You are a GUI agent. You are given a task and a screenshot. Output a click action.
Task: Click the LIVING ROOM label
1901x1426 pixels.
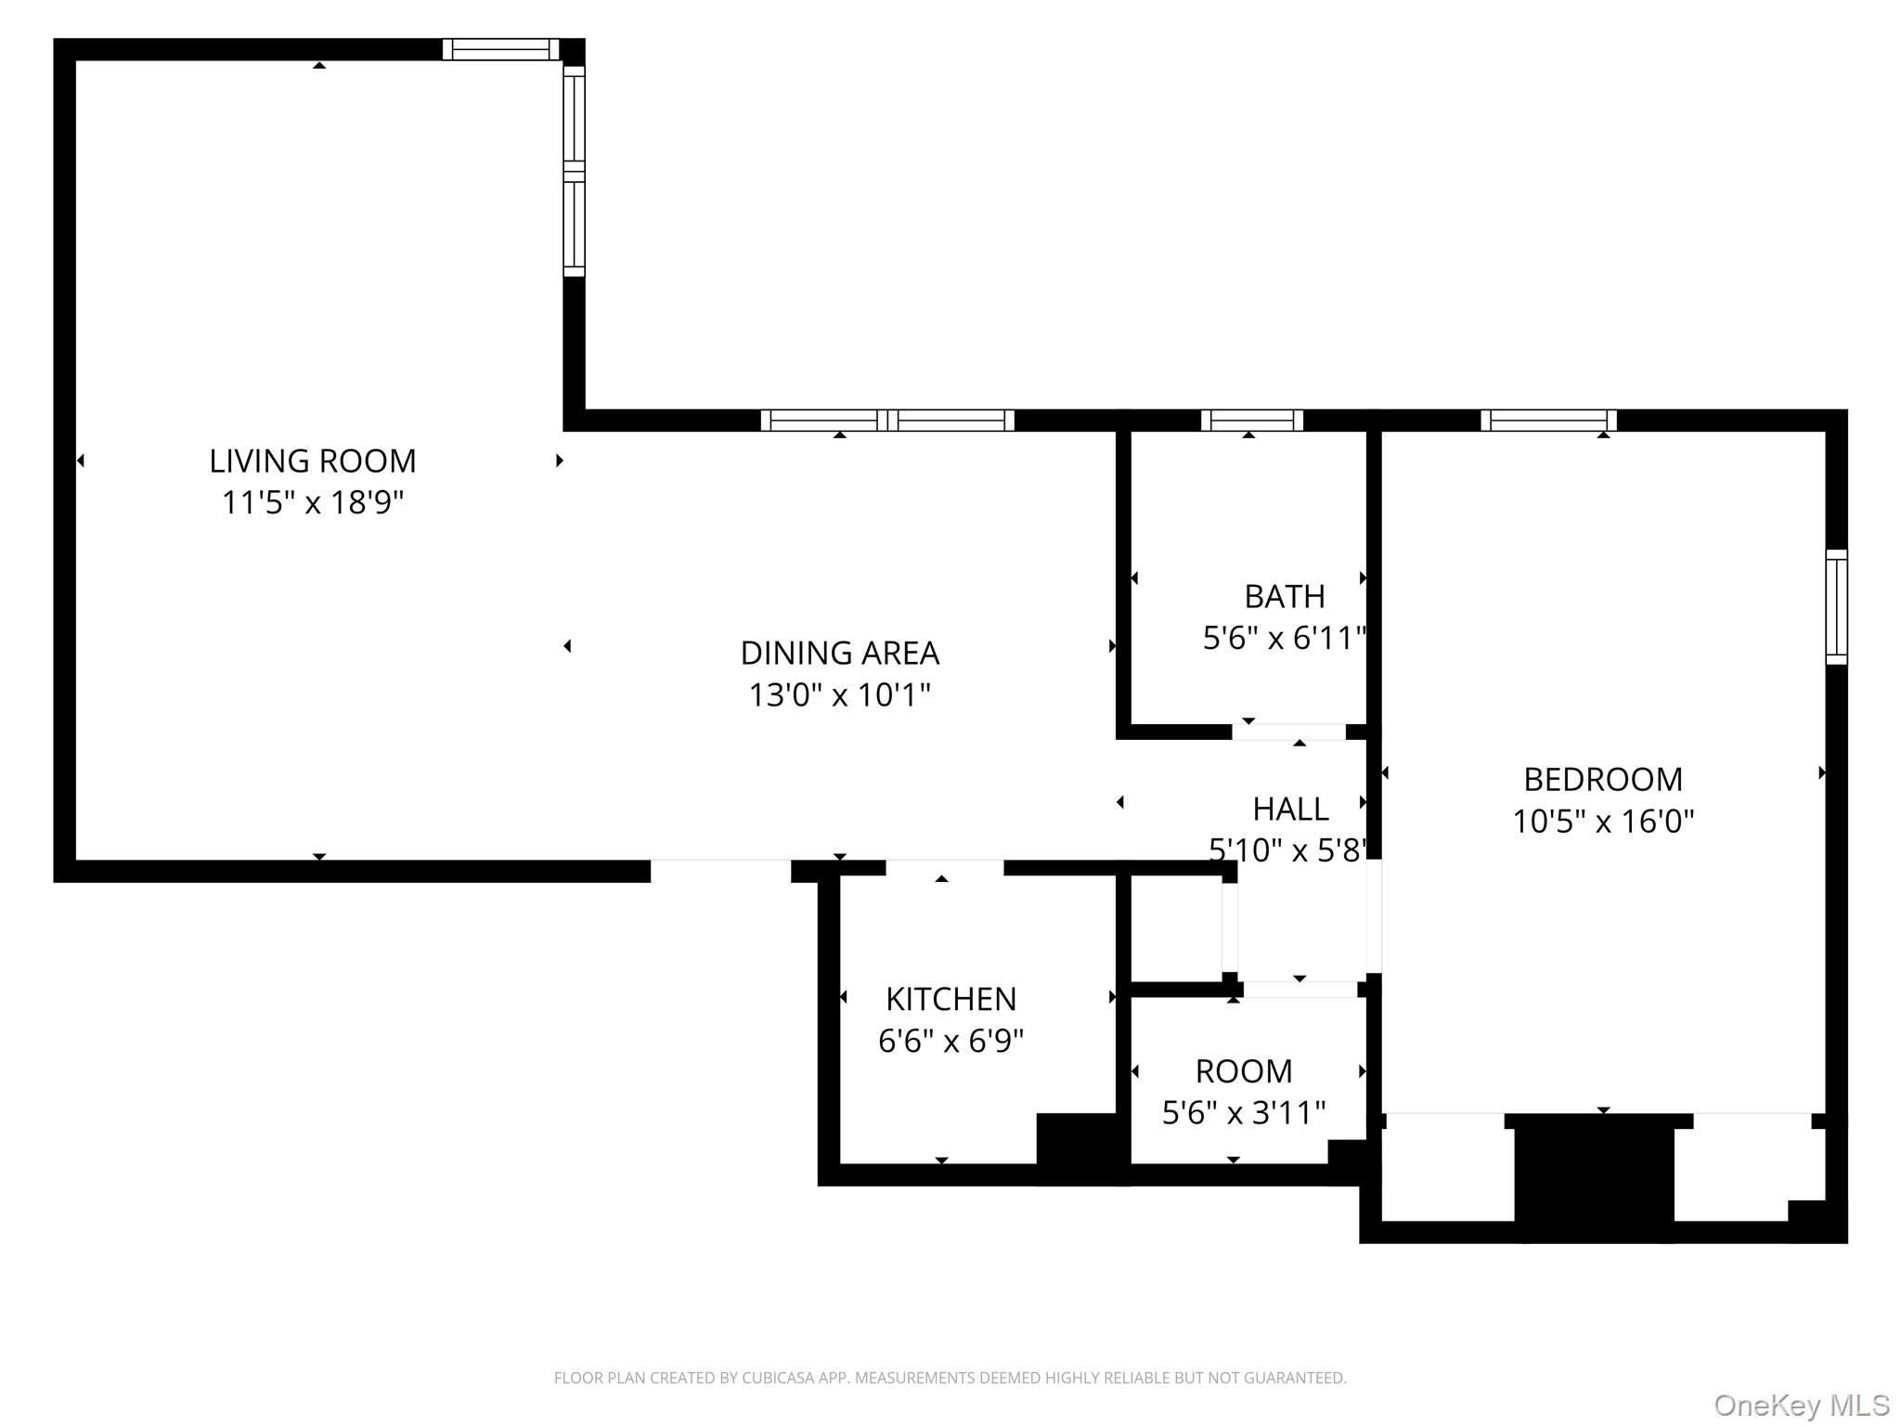pyautogui.click(x=313, y=460)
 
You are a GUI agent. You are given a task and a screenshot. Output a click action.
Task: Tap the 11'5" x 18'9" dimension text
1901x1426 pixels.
pyautogui.click(x=313, y=502)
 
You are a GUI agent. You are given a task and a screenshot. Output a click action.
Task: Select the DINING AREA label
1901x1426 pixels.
pyautogui.click(x=840, y=653)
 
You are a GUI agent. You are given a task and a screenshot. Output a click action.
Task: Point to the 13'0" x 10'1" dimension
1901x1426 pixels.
pyautogui.click(x=840, y=694)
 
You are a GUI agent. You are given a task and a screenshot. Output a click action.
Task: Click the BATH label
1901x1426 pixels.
pyautogui.click(x=1285, y=596)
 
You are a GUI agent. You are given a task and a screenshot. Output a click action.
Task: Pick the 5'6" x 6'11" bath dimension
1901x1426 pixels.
pyautogui.click(x=1285, y=638)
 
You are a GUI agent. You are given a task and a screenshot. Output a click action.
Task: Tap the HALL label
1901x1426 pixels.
pyautogui.click(x=1290, y=809)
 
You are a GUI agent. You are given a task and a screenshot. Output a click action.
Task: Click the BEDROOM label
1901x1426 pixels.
pyautogui.click(x=1603, y=779)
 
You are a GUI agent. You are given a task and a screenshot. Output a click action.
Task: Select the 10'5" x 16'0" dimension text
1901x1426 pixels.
pyautogui.click(x=1603, y=821)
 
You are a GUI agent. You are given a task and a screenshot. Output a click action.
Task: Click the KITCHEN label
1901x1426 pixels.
pyautogui.click(x=951, y=999)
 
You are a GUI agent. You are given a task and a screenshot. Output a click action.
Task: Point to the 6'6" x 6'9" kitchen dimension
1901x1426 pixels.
pyautogui.click(x=951, y=1041)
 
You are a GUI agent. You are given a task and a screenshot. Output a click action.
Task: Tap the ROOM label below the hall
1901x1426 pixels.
pyautogui.click(x=1244, y=1071)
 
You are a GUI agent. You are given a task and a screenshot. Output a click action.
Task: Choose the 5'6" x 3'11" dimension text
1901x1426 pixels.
pyautogui.click(x=1244, y=1112)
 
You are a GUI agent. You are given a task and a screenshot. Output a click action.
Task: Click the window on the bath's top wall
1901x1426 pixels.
pyautogui.click(x=1252, y=421)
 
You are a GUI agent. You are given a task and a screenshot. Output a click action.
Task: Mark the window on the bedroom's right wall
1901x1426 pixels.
pyautogui.click(x=1837, y=607)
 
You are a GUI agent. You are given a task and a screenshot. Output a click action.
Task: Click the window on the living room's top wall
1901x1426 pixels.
pyautogui.click(x=501, y=49)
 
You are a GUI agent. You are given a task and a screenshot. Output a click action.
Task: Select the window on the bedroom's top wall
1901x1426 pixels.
pyautogui.click(x=1549, y=421)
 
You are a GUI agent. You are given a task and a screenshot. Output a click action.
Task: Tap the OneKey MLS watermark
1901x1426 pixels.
pyautogui.click(x=1802, y=1406)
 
